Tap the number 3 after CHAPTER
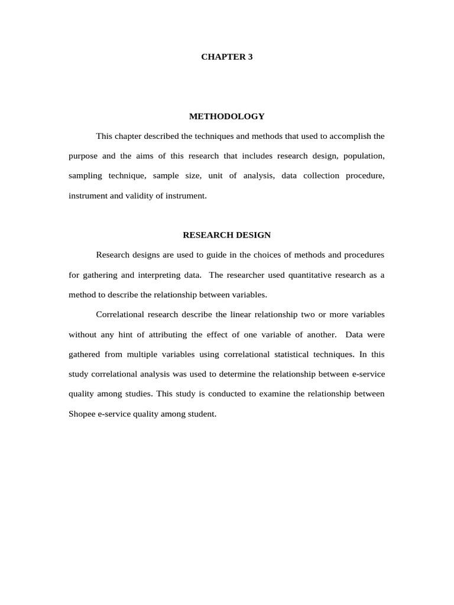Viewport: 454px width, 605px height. [x=250, y=57]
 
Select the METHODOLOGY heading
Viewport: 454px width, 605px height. [x=227, y=116]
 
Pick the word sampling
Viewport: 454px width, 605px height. [x=85, y=176]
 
